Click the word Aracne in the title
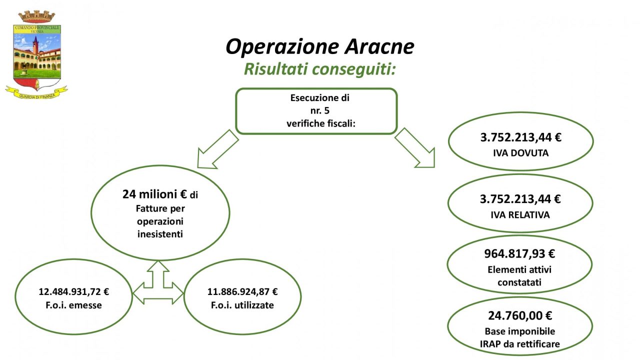click(x=379, y=46)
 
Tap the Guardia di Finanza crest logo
click(x=36, y=55)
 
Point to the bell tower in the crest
click(x=35, y=45)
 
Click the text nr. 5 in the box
click(x=319, y=110)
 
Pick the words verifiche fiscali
click(x=321, y=123)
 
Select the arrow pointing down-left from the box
click(x=217, y=149)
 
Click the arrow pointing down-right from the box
click(x=415, y=148)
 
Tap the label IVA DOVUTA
click(x=520, y=153)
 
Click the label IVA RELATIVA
click(x=520, y=215)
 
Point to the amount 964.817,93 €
click(x=519, y=253)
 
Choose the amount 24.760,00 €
click(x=520, y=315)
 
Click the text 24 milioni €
click(x=154, y=194)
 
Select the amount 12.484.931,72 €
click(x=73, y=291)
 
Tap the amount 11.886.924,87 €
click(x=242, y=291)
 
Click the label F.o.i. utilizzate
click(x=242, y=305)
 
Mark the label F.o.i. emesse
click(x=73, y=305)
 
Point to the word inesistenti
click(x=160, y=234)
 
